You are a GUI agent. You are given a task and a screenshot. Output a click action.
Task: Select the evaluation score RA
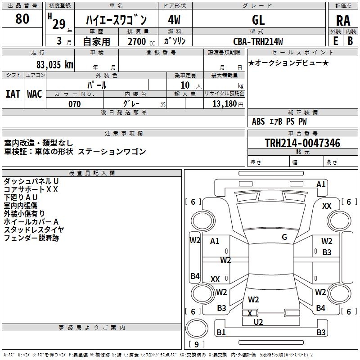point(343,21)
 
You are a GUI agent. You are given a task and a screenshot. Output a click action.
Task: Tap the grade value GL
point(258,20)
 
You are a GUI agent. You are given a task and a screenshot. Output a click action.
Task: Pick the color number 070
point(74,104)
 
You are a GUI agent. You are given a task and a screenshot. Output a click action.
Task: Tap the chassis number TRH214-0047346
point(302,143)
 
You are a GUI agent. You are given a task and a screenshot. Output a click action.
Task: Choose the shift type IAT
point(13,94)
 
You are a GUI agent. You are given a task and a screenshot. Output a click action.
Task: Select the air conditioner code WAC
point(34,94)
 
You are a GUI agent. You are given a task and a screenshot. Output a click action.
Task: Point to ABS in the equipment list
point(258,121)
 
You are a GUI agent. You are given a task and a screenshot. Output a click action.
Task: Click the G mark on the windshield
point(284,237)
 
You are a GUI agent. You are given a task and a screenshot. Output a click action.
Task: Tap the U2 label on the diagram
point(258,322)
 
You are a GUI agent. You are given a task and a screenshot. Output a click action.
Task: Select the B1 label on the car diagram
point(221,333)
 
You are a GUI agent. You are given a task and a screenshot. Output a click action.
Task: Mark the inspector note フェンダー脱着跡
point(31,238)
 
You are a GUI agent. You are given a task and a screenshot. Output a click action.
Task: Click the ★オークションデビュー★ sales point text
point(288,63)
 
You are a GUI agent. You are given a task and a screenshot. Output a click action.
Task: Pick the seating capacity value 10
point(185,85)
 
